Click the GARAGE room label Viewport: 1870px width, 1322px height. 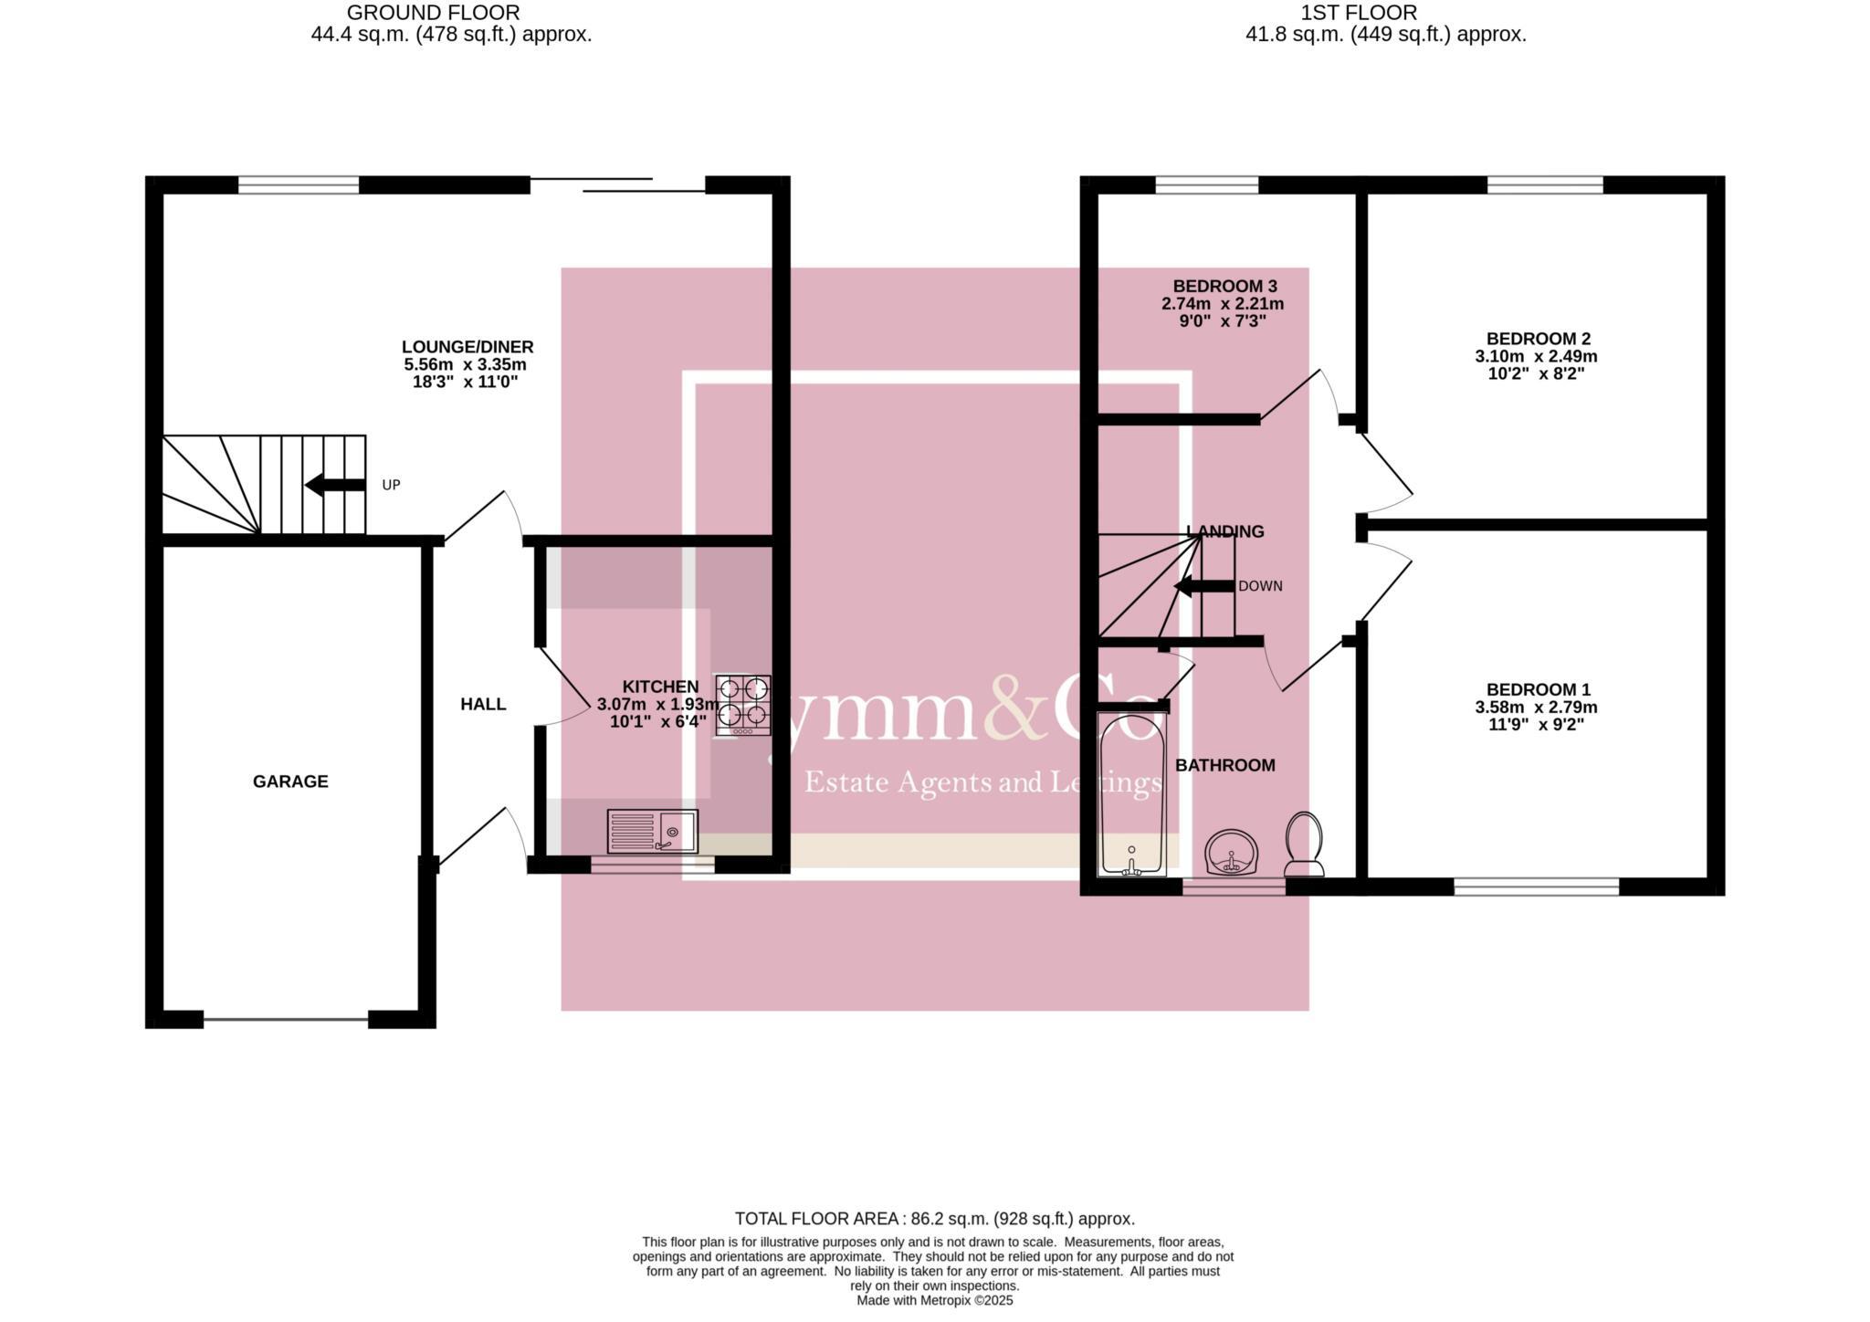click(x=290, y=782)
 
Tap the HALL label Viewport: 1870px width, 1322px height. click(x=483, y=704)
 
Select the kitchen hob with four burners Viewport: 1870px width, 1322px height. click(x=742, y=705)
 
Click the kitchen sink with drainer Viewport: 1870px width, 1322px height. click(x=652, y=832)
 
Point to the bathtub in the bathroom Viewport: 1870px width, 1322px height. click(x=1131, y=795)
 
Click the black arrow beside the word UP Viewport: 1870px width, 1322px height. click(x=334, y=485)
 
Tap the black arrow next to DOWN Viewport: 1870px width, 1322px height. click(x=1203, y=586)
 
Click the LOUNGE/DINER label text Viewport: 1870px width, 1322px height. click(x=467, y=347)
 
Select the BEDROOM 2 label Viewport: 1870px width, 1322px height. click(x=1538, y=339)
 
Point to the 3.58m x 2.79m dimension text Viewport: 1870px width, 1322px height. click(x=1536, y=708)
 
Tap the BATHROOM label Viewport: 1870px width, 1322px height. click(x=1224, y=765)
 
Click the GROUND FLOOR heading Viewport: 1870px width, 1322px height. click(x=433, y=13)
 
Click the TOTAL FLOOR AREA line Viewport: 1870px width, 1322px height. click(x=934, y=1219)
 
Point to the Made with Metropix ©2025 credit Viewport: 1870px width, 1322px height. click(x=934, y=1300)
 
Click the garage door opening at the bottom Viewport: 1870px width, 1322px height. click(x=286, y=1019)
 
